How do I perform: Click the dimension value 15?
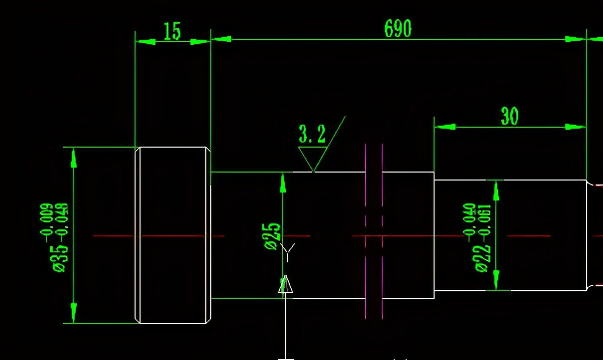point(172,31)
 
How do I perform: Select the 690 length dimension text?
point(398,28)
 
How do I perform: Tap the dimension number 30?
point(510,116)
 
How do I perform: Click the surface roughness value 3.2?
point(312,134)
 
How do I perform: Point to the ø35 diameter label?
point(59,259)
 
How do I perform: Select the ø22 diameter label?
point(481,259)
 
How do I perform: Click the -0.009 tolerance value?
point(46,222)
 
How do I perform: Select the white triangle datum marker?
point(286,284)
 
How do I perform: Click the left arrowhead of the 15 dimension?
point(146,42)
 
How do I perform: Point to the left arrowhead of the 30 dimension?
point(445,127)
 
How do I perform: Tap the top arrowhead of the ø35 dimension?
point(73,159)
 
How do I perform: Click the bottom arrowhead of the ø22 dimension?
point(496,280)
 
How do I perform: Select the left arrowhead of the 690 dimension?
point(221,39)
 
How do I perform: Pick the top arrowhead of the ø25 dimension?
point(283,183)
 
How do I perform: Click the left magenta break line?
point(365,231)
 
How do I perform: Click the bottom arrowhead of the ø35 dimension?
point(73,313)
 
